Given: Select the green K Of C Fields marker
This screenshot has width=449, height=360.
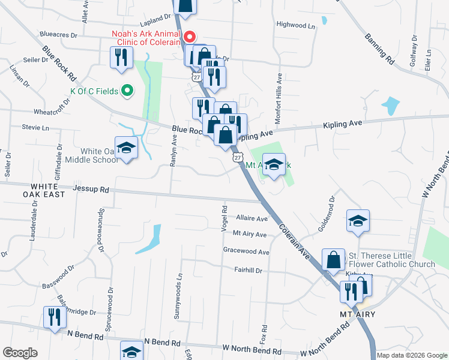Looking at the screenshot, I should (x=127, y=91).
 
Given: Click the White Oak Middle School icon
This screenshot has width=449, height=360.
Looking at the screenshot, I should (x=127, y=148).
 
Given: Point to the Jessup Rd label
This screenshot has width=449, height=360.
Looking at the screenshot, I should (x=91, y=189).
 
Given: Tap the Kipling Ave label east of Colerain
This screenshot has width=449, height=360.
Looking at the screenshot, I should (x=343, y=124).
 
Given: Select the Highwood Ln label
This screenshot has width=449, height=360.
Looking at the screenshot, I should (x=295, y=25).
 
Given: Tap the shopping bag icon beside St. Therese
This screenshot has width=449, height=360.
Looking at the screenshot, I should (x=333, y=260).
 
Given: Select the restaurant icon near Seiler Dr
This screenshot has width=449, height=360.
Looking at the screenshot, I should (x=121, y=58).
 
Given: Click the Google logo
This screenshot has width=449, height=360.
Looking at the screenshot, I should (x=20, y=353).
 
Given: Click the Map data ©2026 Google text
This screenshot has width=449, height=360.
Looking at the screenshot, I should (x=412, y=355).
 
